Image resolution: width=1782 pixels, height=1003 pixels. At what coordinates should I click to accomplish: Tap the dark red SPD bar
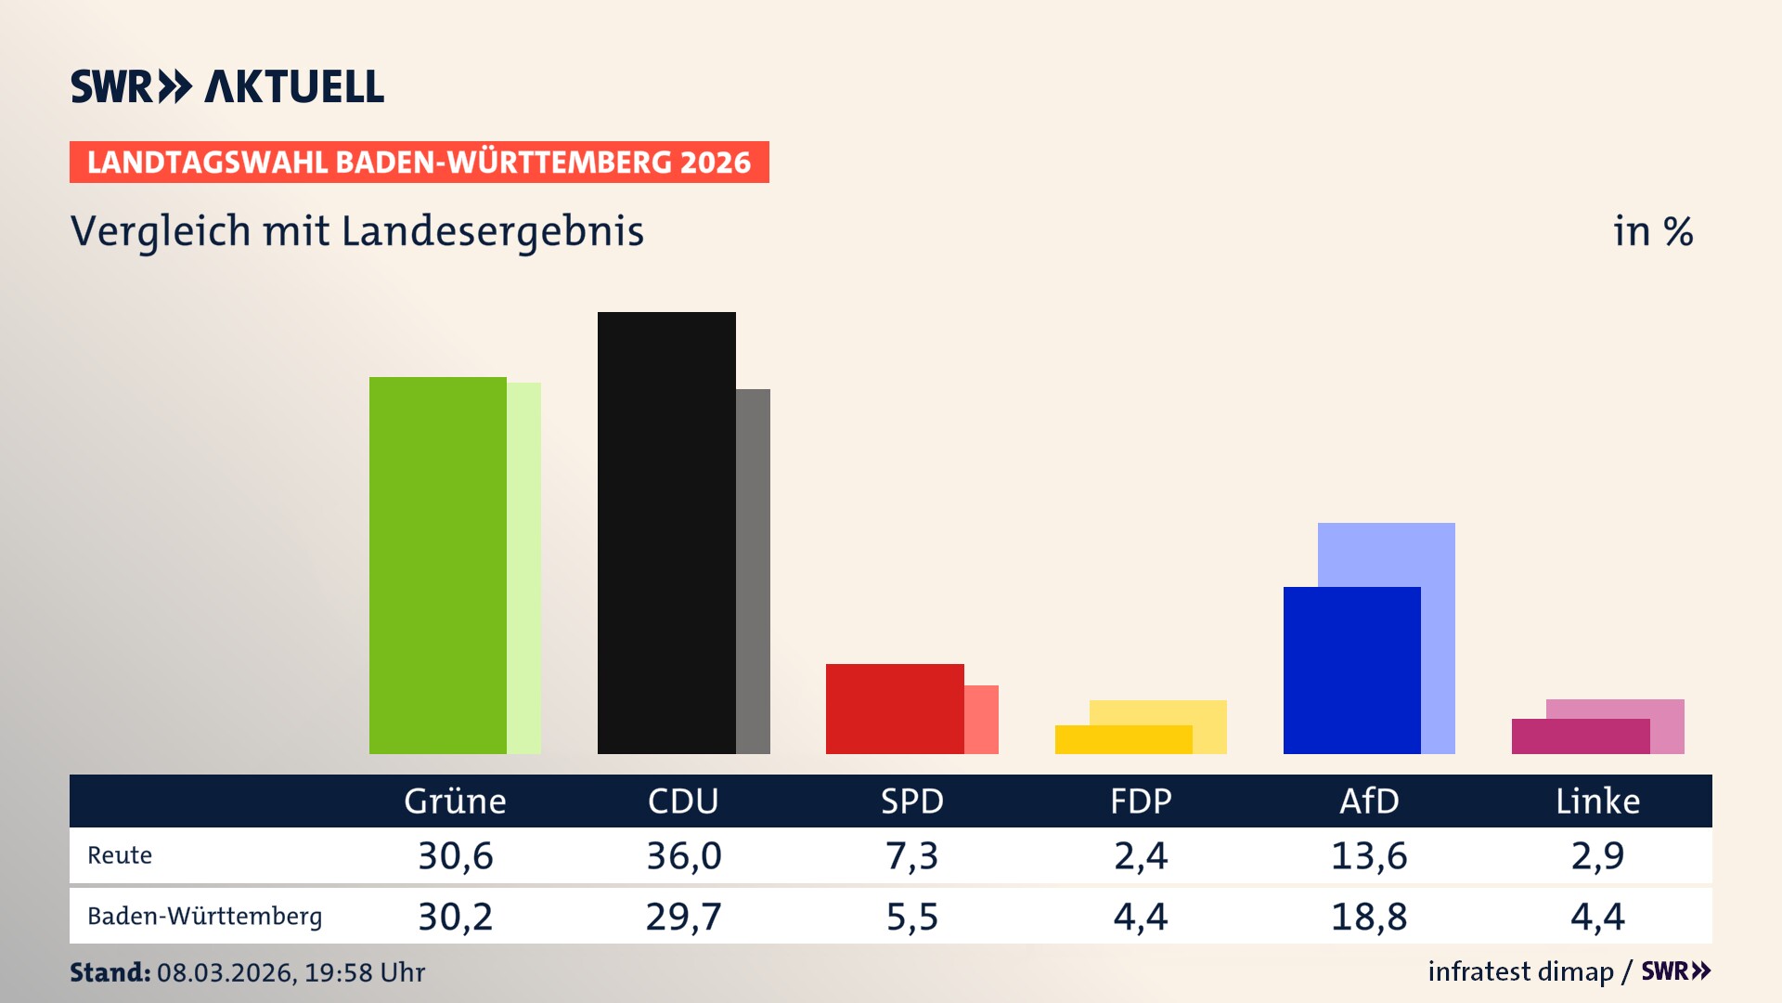tap(895, 709)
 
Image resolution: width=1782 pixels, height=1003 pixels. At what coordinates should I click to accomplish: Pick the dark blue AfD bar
tap(1351, 670)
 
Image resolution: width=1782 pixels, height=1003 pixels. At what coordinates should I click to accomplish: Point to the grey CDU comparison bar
tap(753, 571)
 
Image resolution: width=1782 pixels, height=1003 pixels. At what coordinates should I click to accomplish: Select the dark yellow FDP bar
tap(1123, 739)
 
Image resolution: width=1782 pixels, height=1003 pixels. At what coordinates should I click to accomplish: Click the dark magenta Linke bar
tap(1580, 736)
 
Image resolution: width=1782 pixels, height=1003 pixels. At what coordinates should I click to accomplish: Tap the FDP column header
tap(1141, 801)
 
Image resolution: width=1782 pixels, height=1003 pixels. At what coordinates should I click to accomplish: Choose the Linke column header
tap(1597, 801)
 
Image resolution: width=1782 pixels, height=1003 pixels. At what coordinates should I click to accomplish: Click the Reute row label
tap(120, 855)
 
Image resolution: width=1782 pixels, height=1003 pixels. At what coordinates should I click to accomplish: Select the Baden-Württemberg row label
tap(204, 917)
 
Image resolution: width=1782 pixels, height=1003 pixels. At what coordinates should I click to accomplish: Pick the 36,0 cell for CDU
tap(684, 855)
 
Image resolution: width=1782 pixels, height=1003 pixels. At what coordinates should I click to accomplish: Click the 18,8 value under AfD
tap(1369, 917)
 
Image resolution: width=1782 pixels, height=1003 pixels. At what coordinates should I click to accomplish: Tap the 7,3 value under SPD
tap(911, 855)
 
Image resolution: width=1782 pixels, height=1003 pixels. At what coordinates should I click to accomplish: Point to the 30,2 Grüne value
tap(455, 917)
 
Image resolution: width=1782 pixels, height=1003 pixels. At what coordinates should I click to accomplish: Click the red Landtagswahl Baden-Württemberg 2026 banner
tap(419, 162)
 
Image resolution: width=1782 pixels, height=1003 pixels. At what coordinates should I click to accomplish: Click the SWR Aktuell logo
tap(227, 86)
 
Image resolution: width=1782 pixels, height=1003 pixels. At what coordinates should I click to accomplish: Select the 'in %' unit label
tap(1653, 231)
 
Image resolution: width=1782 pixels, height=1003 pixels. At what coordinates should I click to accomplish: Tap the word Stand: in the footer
tap(110, 972)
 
